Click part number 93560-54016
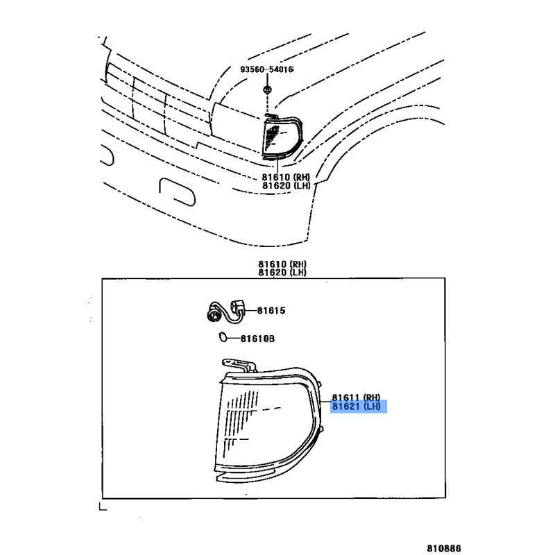pyautogui.click(x=267, y=69)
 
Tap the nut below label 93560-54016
pyautogui.click(x=267, y=89)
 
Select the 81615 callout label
pyautogui.click(x=271, y=310)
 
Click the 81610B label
pyautogui.click(x=257, y=339)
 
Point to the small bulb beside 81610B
pyautogui.click(x=223, y=336)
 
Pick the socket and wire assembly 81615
pyautogui.click(x=226, y=311)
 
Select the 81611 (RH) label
pyautogui.click(x=356, y=398)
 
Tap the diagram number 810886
pyautogui.click(x=444, y=548)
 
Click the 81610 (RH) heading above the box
pyautogui.click(x=282, y=264)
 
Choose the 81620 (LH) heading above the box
pyautogui.click(x=282, y=272)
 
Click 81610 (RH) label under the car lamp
pyautogui.click(x=286, y=177)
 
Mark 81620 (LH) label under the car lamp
pyautogui.click(x=286, y=185)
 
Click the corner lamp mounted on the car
pyautogui.click(x=282, y=137)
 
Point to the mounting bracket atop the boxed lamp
pyautogui.click(x=239, y=365)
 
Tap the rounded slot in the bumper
pyautogui.click(x=177, y=191)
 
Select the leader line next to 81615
pyautogui.click(x=250, y=310)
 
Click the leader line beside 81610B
pyautogui.click(x=233, y=339)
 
